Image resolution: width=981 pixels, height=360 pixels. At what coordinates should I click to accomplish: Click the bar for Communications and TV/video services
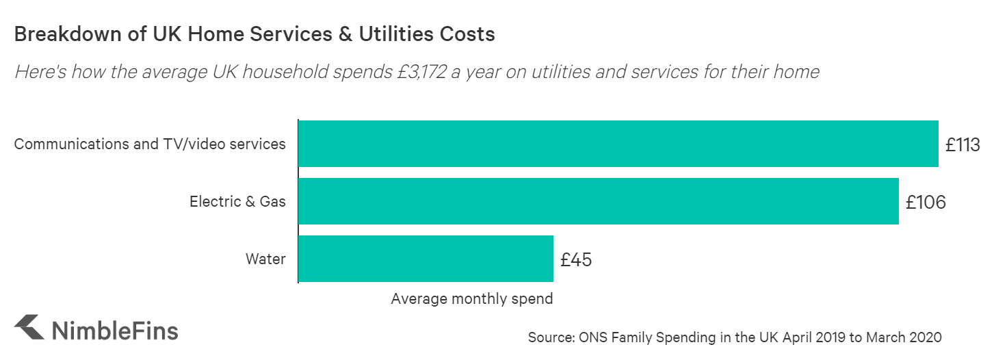pyautogui.click(x=618, y=144)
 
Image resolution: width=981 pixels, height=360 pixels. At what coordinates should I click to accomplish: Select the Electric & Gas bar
pyautogui.click(x=598, y=201)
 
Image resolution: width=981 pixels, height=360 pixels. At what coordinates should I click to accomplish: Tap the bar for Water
pyautogui.click(x=426, y=259)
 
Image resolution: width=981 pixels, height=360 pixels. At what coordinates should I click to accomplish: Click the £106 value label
pyautogui.click(x=925, y=203)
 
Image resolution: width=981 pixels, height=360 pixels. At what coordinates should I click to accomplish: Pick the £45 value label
pyautogui.click(x=575, y=260)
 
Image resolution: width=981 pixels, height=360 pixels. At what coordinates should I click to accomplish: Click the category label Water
pyautogui.click(x=265, y=259)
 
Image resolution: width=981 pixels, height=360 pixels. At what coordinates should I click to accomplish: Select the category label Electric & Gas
pyautogui.click(x=237, y=201)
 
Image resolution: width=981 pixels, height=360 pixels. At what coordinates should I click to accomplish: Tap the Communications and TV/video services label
pyautogui.click(x=150, y=144)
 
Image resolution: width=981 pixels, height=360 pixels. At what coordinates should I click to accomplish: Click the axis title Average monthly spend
pyautogui.click(x=472, y=299)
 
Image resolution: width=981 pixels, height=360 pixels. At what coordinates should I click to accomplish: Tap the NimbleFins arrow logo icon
pyautogui.click(x=30, y=328)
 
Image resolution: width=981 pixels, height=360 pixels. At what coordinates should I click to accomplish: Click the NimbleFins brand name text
pyautogui.click(x=115, y=330)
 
